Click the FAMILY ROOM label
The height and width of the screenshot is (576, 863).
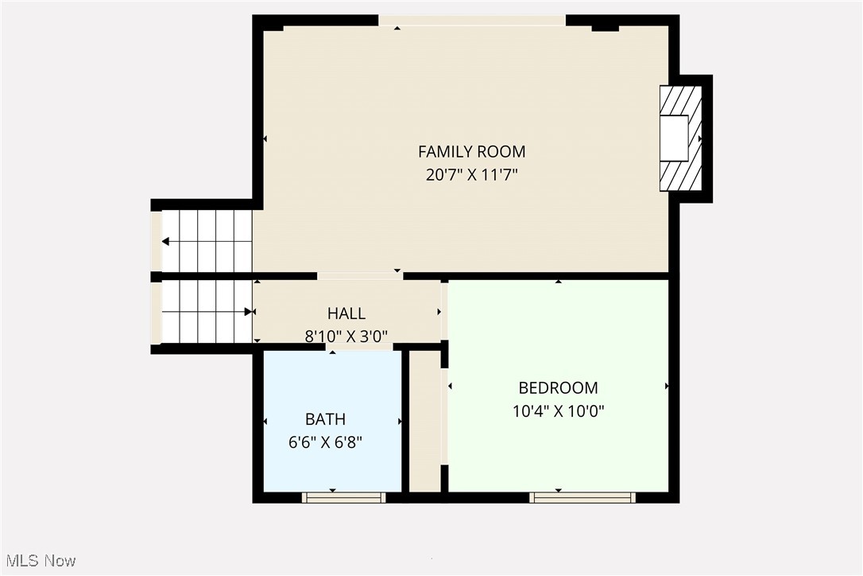point(472,151)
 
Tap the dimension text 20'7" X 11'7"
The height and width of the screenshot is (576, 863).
point(472,175)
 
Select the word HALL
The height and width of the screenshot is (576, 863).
point(346,314)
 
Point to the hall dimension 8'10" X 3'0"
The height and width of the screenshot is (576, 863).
point(346,337)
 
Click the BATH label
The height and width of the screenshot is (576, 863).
point(325,419)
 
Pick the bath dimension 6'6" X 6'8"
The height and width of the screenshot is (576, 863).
point(325,442)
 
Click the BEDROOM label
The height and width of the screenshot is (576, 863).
point(558,388)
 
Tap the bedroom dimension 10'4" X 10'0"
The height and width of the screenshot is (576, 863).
point(558,411)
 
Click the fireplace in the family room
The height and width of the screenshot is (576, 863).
point(681,138)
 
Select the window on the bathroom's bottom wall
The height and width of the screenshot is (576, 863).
point(343,497)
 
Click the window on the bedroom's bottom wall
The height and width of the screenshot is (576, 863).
point(582,497)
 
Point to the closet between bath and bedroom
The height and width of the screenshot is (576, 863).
point(425,422)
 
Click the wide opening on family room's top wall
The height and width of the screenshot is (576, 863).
point(472,21)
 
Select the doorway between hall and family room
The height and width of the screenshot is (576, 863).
point(360,276)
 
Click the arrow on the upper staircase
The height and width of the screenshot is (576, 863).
point(166,241)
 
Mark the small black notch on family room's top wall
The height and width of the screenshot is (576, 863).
point(605,28)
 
